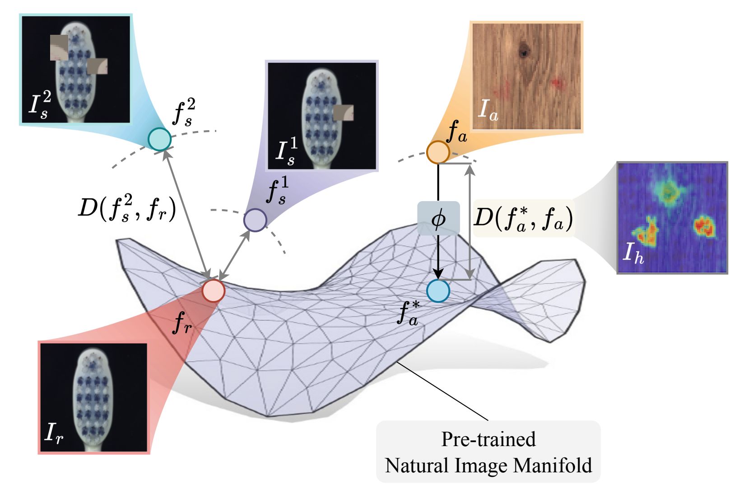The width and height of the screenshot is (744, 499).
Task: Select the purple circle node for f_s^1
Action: coord(255,220)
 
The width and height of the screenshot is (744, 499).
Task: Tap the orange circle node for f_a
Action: coord(438,152)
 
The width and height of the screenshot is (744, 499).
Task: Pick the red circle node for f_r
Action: coord(213,290)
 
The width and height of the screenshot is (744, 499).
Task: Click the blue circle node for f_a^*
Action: coord(438,291)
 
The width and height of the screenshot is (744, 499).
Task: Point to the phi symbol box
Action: coord(438,219)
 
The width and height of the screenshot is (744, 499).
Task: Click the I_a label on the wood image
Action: coord(488,110)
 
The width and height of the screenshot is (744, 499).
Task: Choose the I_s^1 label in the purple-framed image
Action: coord(286,152)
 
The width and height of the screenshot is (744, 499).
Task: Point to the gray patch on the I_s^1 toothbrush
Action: coord(343,113)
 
